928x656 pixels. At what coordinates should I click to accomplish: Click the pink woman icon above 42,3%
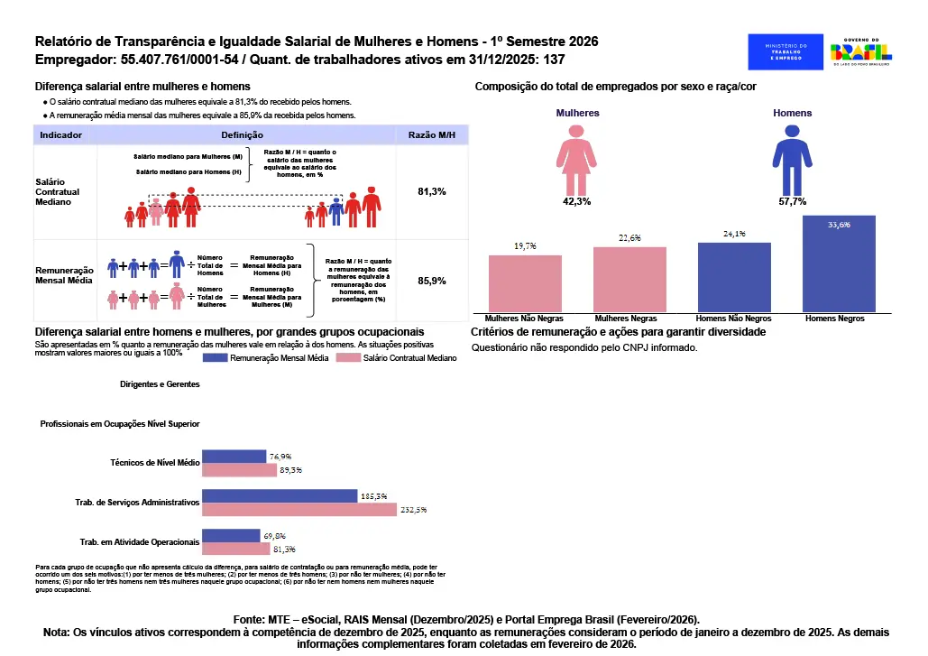tap(576, 159)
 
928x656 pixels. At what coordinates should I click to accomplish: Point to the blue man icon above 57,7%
tap(792, 159)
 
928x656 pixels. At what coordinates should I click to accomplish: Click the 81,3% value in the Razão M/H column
tap(432, 192)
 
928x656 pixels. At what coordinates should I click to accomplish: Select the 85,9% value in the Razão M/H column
tap(432, 281)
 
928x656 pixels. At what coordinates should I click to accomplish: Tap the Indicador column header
tap(61, 134)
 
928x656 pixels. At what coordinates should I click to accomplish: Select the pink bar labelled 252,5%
tap(299, 510)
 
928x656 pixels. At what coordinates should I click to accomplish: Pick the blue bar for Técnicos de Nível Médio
tap(234, 457)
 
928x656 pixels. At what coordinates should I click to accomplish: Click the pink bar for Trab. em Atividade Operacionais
tap(236, 548)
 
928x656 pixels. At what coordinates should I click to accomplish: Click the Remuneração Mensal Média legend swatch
tap(215, 358)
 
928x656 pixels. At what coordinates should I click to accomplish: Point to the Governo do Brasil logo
tap(860, 51)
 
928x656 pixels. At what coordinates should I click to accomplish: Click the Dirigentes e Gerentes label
tap(160, 383)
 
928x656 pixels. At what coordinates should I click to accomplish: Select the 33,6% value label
tap(839, 225)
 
